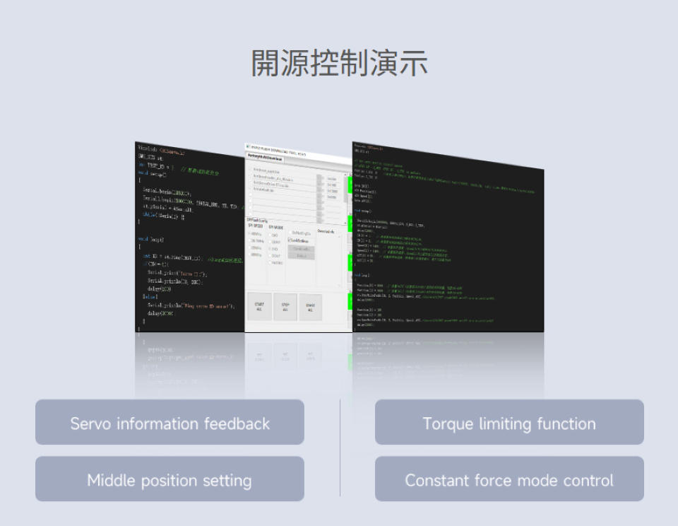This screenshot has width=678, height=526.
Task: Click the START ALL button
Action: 259,307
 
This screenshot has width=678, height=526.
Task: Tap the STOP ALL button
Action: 285,307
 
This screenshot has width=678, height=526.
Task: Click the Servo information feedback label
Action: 169,423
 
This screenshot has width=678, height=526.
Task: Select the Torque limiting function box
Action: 509,423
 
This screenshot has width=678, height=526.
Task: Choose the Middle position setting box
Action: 169,481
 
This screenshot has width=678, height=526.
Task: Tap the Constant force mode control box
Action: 509,481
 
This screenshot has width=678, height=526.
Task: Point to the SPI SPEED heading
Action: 255,227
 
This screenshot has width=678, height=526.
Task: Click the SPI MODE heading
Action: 276,227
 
